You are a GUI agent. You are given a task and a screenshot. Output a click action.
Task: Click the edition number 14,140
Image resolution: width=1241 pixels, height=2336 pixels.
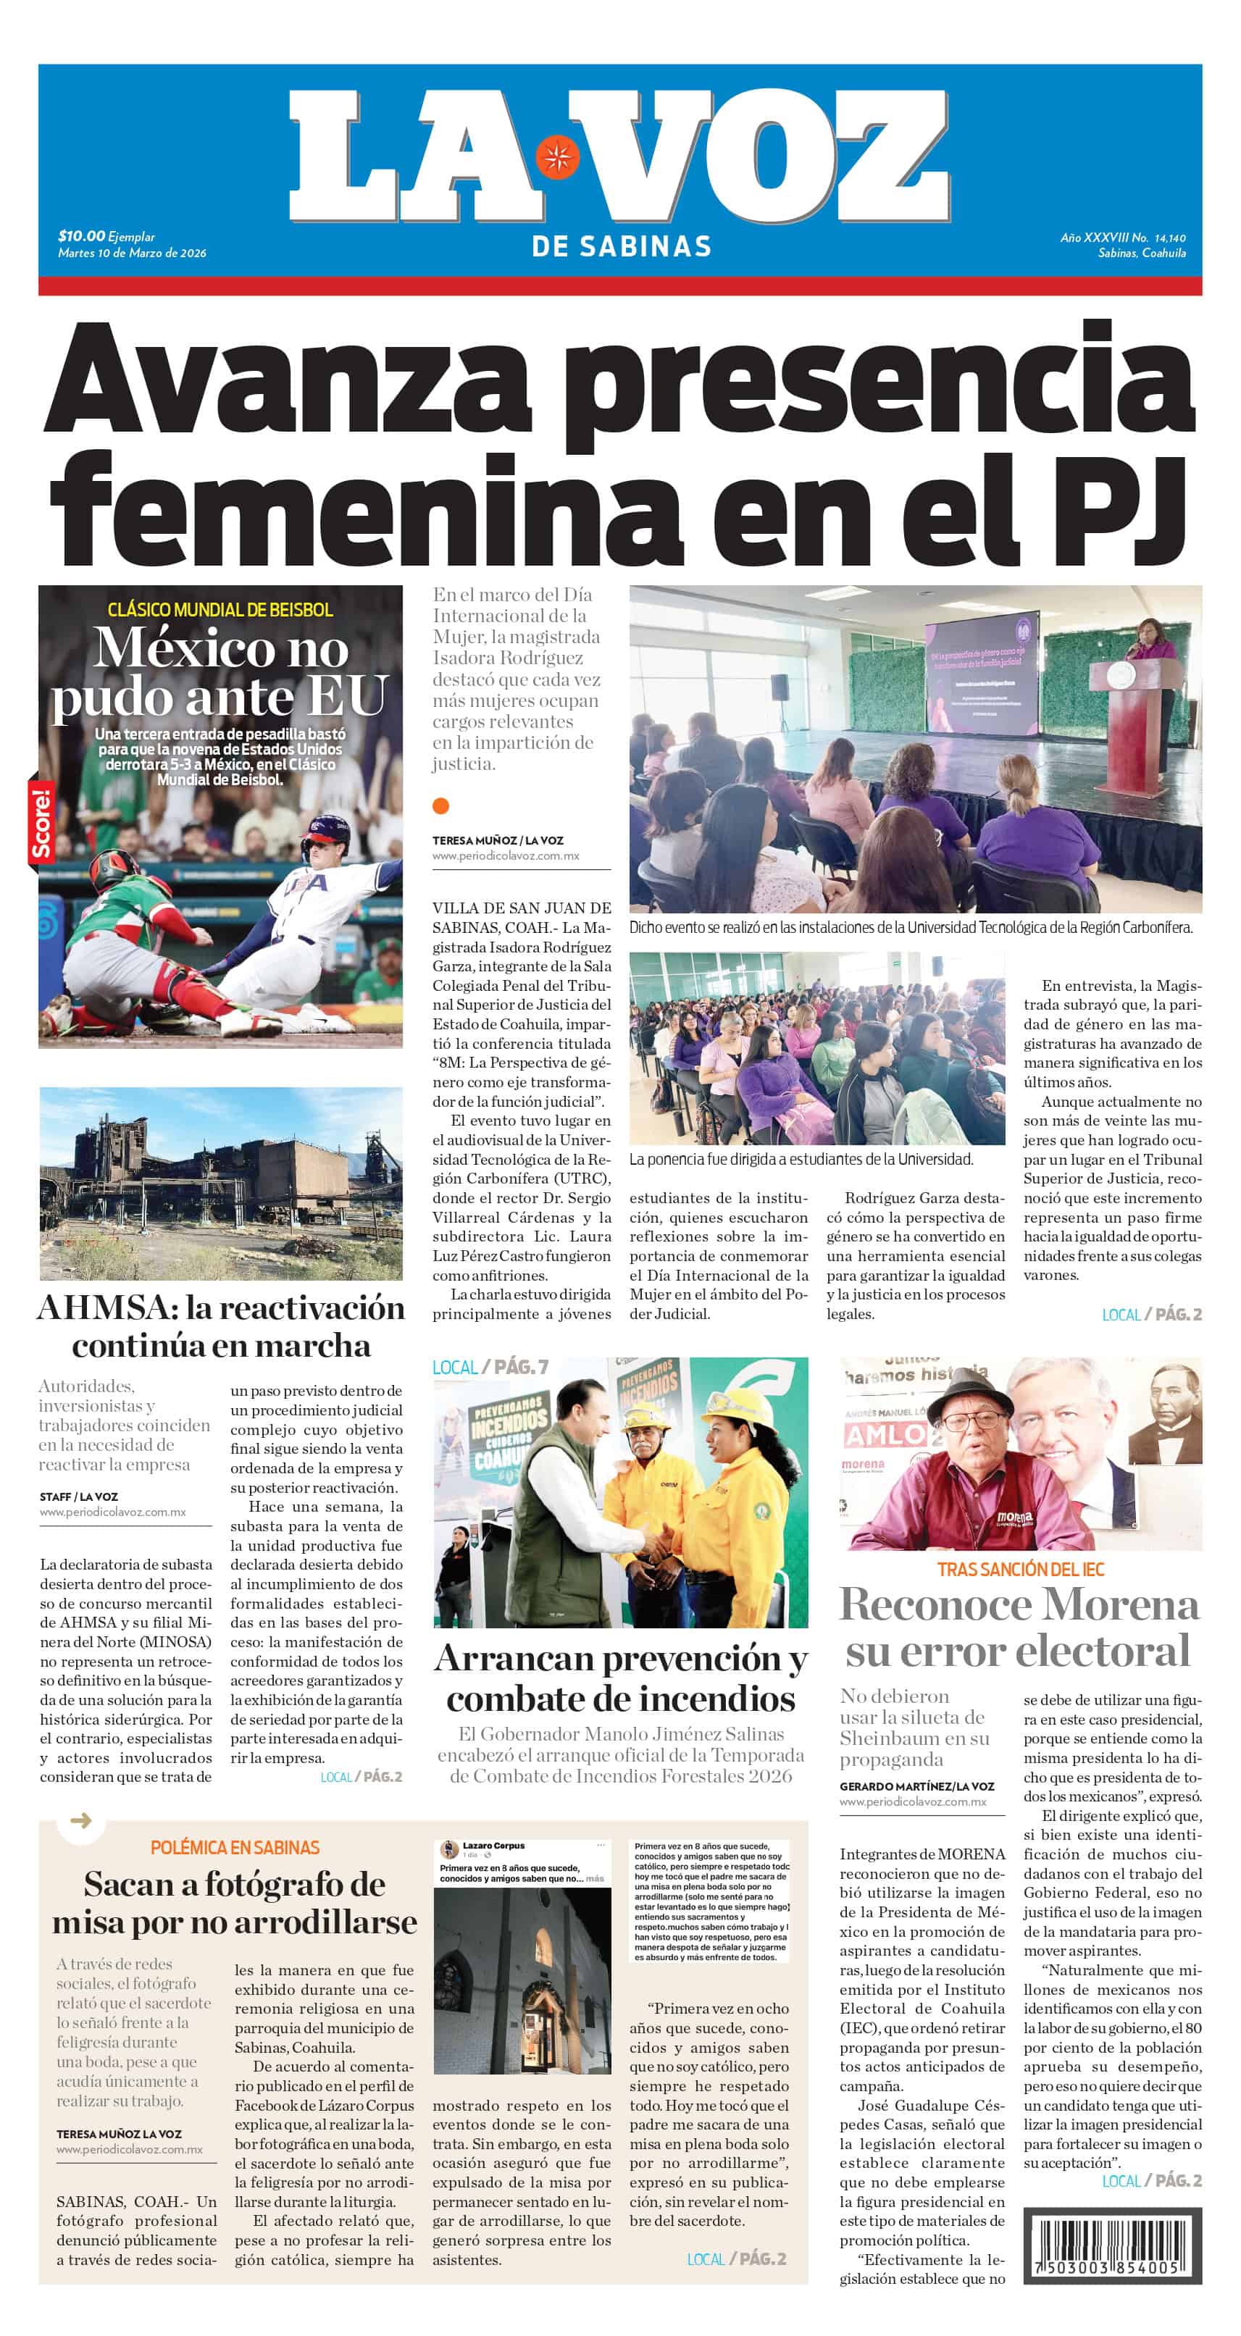(x=1169, y=238)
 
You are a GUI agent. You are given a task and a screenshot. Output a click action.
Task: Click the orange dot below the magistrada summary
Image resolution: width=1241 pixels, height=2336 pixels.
(x=441, y=806)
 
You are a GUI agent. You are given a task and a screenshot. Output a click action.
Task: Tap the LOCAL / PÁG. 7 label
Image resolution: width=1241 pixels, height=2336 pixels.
(x=490, y=1367)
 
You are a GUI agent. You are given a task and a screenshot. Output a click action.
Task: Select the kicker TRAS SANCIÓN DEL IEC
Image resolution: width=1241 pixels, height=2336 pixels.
(x=1021, y=1570)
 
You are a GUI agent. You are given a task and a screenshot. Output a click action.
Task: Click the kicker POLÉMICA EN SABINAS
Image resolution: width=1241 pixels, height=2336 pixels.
(x=235, y=1847)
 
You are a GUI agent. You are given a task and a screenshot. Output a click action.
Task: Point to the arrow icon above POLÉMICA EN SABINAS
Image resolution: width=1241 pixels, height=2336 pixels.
(x=80, y=1820)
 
